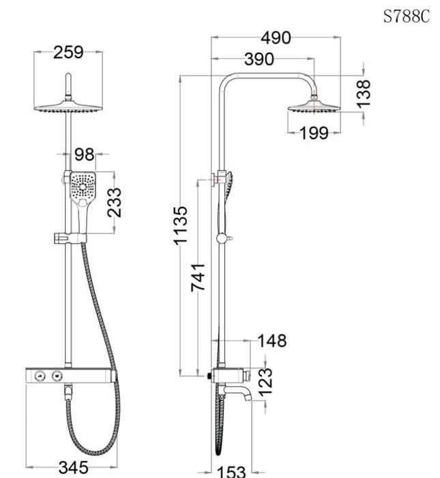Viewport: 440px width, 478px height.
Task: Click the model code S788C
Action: click(406, 17)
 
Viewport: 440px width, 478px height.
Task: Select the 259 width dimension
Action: click(68, 53)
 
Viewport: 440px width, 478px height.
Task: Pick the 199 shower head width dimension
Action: click(314, 132)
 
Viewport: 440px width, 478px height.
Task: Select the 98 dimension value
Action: click(84, 154)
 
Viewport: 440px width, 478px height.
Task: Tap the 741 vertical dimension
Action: click(198, 277)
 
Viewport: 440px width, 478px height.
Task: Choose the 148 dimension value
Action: click(272, 340)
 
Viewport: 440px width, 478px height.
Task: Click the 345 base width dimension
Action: click(73, 468)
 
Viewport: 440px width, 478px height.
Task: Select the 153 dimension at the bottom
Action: click(231, 471)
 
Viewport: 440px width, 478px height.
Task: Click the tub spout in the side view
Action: click(239, 394)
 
